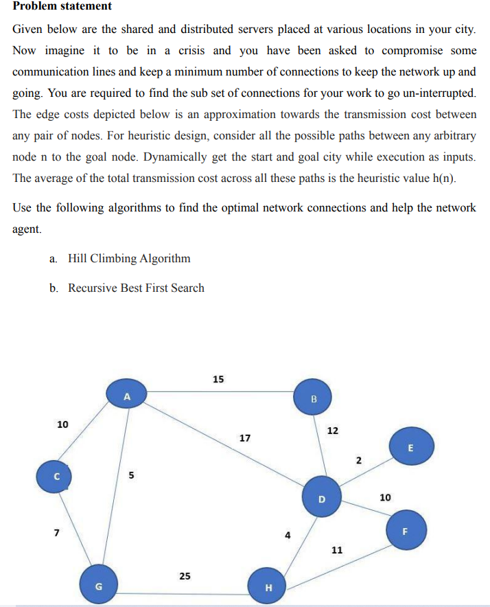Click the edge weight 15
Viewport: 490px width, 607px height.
(218, 378)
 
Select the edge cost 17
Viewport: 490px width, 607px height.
(245, 437)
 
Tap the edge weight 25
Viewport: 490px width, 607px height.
(185, 576)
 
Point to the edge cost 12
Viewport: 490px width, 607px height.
(333, 431)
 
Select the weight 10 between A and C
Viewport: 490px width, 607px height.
(62, 424)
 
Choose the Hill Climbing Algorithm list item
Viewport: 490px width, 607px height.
(129, 258)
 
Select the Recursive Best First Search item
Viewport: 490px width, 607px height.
(136, 288)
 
